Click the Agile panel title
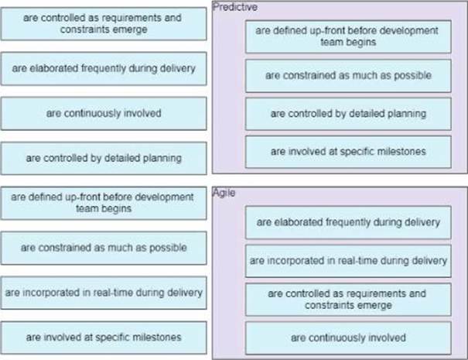[x=224, y=193]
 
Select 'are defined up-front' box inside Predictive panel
[x=347, y=36]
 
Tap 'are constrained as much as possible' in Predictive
[x=347, y=76]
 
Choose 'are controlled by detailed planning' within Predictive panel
[x=347, y=113]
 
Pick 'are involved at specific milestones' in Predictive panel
[x=347, y=151]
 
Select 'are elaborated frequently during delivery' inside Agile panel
[x=347, y=222]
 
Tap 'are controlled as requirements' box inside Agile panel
[x=347, y=299]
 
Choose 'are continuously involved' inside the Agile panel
[x=347, y=338]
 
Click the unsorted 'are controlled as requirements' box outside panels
[x=104, y=24]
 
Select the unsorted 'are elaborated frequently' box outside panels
[x=104, y=69]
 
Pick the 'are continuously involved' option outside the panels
[x=104, y=113]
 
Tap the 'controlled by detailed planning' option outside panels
[x=104, y=158]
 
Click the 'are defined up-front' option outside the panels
[x=104, y=203]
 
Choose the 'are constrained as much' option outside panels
[x=104, y=248]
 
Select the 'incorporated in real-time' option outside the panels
[x=104, y=293]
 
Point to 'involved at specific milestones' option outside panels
[x=104, y=338]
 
